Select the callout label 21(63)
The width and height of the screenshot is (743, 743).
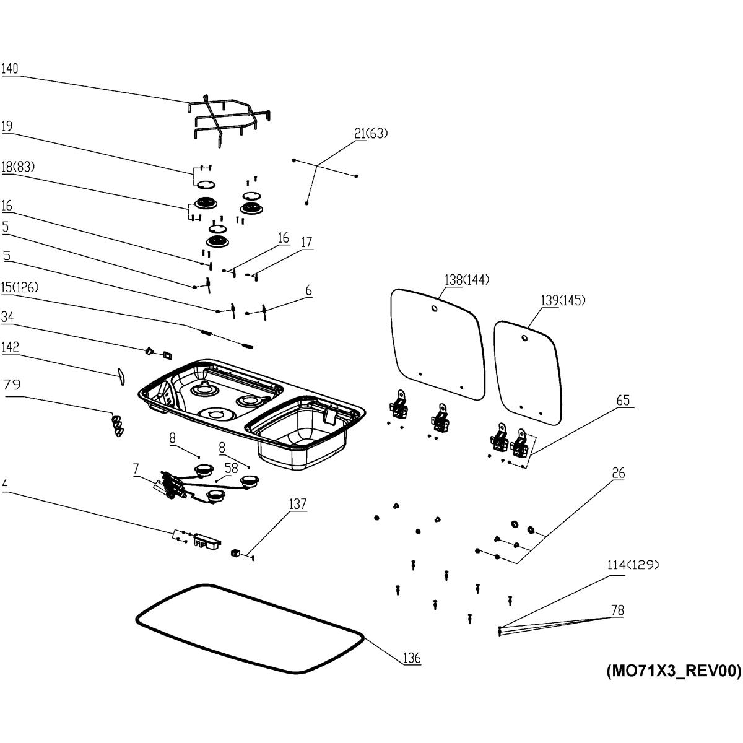point(371,134)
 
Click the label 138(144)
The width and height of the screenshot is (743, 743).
point(467,280)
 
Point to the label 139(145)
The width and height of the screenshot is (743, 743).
point(563,300)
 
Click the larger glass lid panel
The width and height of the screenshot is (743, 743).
point(437,344)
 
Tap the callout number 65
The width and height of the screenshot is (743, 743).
point(622,401)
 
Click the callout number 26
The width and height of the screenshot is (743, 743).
point(618,474)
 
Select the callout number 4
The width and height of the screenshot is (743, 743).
point(4,484)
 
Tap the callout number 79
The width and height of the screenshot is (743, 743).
point(12,385)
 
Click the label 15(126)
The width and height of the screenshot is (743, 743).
point(19,288)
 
